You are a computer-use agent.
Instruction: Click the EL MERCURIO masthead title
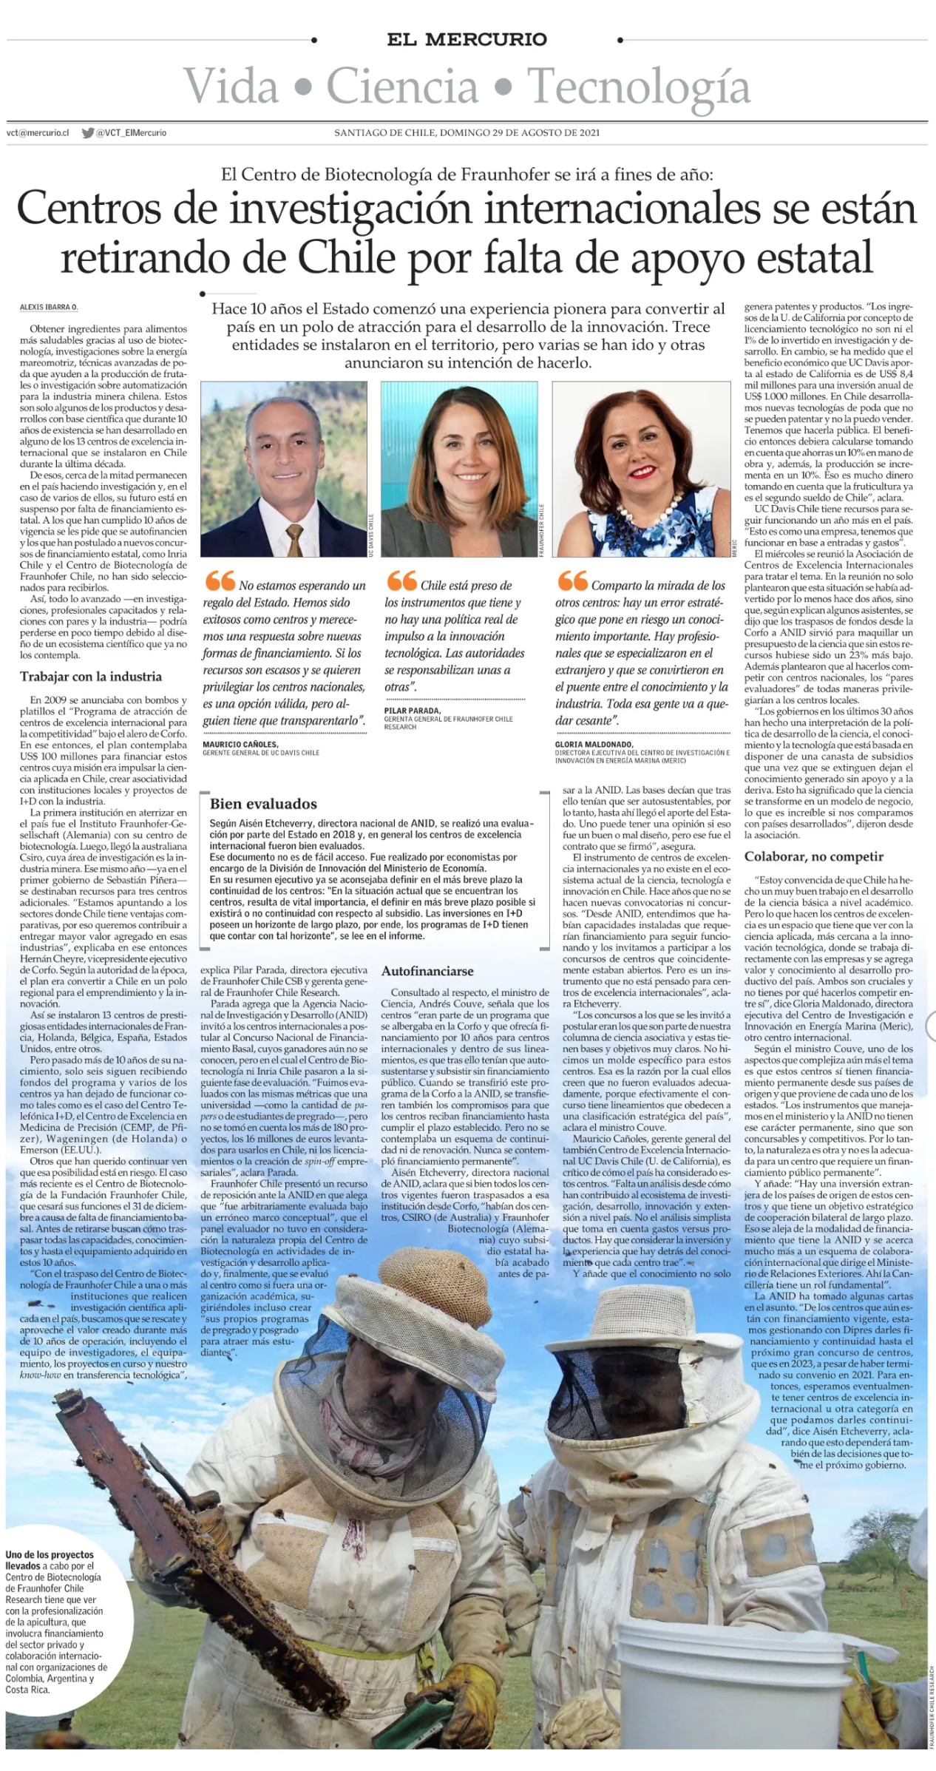point(467,40)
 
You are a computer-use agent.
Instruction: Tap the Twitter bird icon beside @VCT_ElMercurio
point(88,133)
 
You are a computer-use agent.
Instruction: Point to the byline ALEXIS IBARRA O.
point(49,307)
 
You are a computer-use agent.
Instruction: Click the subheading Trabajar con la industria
point(90,677)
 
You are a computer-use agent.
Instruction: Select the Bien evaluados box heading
point(263,804)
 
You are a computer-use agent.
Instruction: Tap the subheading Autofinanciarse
point(427,971)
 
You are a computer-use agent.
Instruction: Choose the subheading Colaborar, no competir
point(814,856)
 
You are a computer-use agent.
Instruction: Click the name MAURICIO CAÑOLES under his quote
point(240,745)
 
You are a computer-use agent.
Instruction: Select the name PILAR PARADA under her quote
point(413,711)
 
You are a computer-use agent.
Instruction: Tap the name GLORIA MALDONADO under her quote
point(594,745)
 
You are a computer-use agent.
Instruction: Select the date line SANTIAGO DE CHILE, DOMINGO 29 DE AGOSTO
point(467,133)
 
